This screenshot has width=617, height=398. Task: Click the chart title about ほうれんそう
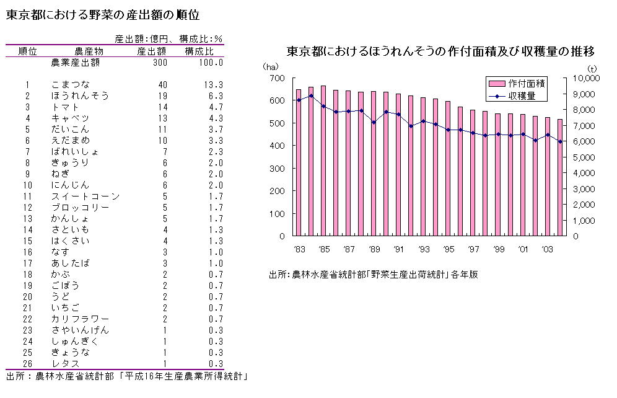(x=440, y=51)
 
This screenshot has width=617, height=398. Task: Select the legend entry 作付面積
(x=526, y=83)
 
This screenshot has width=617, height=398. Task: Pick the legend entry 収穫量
(x=526, y=96)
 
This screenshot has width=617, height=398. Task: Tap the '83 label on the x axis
(x=298, y=249)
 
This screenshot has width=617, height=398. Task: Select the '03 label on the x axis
(x=547, y=249)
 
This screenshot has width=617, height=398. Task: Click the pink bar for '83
(x=299, y=162)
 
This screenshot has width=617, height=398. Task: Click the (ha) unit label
(x=270, y=66)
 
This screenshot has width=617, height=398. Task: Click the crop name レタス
(x=66, y=363)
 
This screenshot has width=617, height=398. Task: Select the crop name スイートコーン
(x=85, y=196)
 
